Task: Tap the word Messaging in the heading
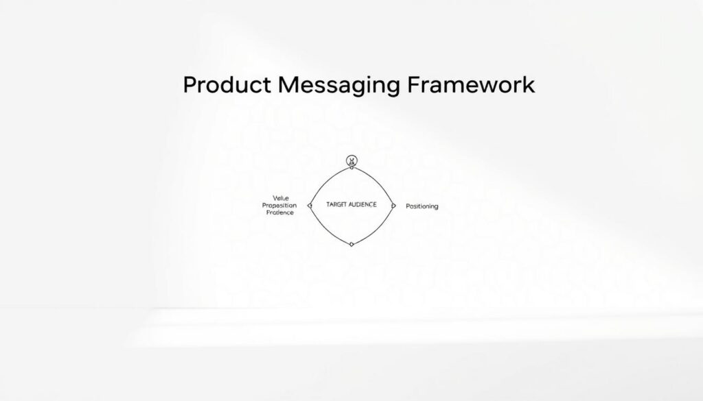point(332,86)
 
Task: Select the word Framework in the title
point(470,85)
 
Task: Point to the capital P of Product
point(190,85)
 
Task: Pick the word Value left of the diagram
point(272,198)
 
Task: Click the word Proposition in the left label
point(279,206)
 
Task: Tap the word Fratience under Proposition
point(279,213)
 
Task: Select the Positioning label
point(422,206)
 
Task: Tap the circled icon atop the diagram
point(352,161)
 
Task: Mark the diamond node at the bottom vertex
point(351,244)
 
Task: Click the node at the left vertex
point(310,205)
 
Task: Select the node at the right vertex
point(393,205)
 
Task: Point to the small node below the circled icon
point(352,169)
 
